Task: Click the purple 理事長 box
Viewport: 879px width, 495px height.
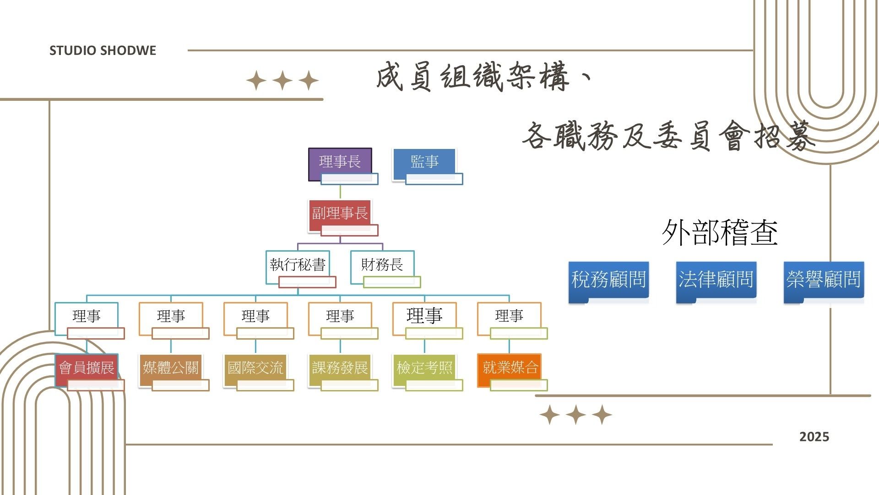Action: (340, 162)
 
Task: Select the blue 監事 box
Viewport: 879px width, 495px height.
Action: (424, 162)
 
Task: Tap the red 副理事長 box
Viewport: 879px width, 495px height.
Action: (340, 214)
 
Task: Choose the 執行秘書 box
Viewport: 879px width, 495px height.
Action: (298, 265)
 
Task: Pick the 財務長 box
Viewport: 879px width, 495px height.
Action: (382, 265)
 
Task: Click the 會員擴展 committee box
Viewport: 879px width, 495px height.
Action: (87, 368)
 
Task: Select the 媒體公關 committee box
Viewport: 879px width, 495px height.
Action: (171, 368)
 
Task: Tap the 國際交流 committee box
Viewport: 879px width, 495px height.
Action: (255, 368)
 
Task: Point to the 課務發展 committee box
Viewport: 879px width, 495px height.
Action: (340, 368)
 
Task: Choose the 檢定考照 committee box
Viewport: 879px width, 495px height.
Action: (424, 368)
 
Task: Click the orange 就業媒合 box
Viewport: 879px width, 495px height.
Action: (510, 368)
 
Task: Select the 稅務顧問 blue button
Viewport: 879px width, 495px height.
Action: (608, 280)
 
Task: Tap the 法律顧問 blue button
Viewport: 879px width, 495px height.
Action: (716, 280)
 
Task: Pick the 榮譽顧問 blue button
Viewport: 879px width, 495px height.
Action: (824, 280)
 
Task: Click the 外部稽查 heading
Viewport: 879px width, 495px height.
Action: (720, 233)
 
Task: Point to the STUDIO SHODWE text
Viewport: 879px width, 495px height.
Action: (103, 50)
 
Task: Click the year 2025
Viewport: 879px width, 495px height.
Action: (814, 437)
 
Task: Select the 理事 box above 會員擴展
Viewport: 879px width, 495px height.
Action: (87, 316)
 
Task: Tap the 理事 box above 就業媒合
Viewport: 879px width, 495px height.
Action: (509, 316)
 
